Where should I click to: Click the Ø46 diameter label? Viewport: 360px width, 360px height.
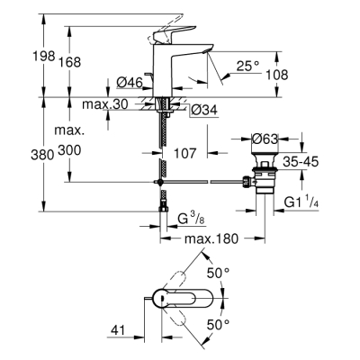point(133,84)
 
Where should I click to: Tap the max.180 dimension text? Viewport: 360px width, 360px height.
point(212,239)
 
